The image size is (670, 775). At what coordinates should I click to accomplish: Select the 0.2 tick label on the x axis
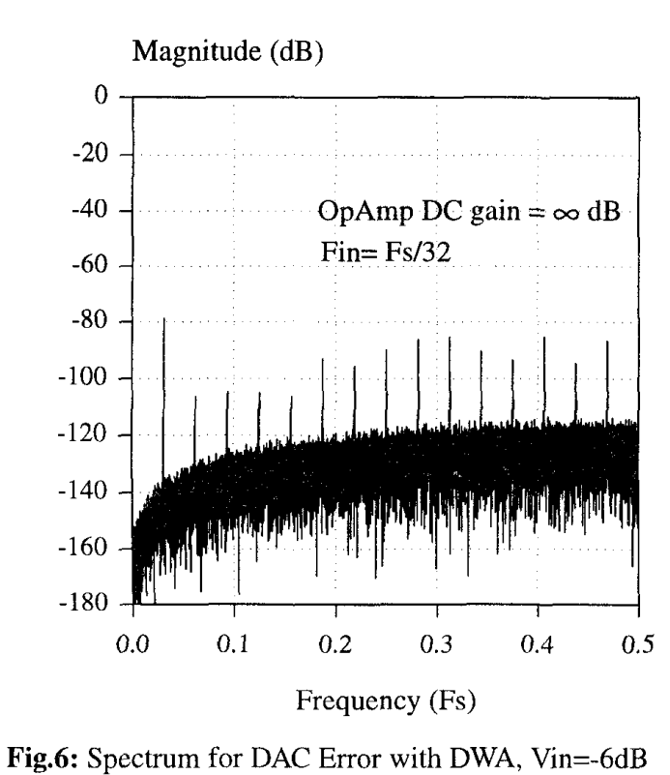click(335, 645)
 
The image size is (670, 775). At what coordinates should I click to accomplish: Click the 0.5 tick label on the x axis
click(638, 645)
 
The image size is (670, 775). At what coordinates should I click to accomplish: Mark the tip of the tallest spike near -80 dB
click(163, 318)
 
